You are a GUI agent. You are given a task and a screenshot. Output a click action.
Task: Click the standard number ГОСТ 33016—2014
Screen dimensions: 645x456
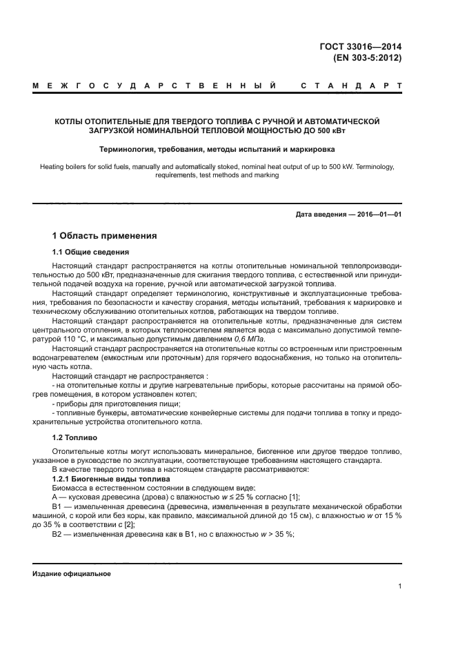(x=364, y=47)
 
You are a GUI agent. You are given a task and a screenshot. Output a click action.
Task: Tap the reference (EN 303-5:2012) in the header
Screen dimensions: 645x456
(x=368, y=58)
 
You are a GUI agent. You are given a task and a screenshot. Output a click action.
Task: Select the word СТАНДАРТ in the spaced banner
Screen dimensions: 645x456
(x=351, y=87)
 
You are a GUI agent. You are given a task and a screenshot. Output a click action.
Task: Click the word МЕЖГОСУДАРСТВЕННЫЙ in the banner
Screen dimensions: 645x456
(x=155, y=87)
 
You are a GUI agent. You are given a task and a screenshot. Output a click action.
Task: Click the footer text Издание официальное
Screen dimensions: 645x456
(x=72, y=574)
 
